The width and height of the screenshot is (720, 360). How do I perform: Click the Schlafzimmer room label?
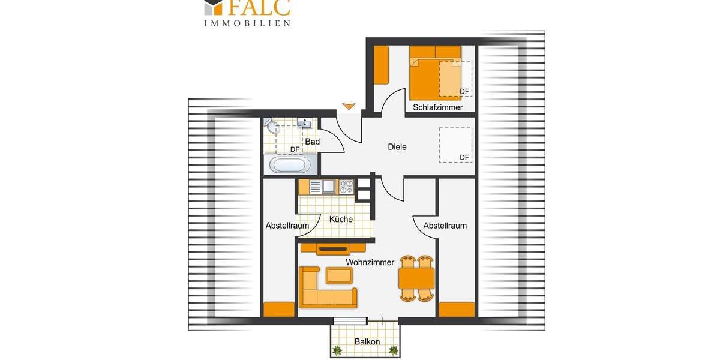tap(437, 107)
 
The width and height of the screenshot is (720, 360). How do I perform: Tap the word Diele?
tap(397, 146)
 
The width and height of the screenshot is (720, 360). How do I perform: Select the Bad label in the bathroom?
tap(312, 142)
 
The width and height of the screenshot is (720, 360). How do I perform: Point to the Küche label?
tap(341, 220)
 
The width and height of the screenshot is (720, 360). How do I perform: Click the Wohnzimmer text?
tap(370, 262)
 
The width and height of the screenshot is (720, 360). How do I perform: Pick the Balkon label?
tap(367, 342)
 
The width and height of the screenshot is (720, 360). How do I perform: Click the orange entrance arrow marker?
tap(349, 107)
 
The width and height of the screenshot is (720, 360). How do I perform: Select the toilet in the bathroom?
tap(274, 127)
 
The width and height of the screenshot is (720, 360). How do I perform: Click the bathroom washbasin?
tap(305, 124)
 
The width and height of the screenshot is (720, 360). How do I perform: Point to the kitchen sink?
tap(328, 187)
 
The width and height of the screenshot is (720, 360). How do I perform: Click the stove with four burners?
tap(347, 187)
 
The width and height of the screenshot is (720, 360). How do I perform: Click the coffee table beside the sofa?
tap(339, 275)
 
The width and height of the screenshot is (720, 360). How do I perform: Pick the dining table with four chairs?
tap(416, 278)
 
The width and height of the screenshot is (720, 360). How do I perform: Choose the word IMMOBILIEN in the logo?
tap(247, 23)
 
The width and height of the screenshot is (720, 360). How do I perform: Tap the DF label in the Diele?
tap(464, 158)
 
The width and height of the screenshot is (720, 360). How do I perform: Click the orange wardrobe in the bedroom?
tap(381, 65)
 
